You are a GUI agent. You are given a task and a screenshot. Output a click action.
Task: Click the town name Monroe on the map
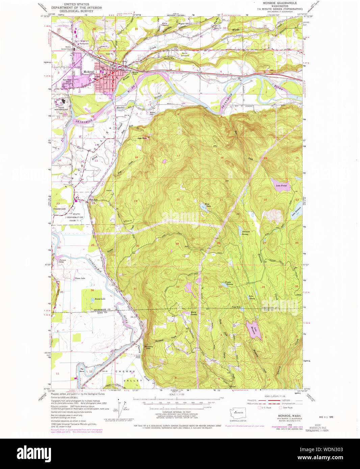(89, 72)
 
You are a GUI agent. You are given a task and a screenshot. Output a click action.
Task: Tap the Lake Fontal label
(281, 186)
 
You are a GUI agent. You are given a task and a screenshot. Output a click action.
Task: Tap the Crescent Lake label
(59, 209)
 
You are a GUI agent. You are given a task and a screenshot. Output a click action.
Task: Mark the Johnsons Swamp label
(246, 232)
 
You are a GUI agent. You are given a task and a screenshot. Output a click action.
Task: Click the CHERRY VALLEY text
(125, 376)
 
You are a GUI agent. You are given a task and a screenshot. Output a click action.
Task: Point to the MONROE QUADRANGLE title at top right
(277, 3)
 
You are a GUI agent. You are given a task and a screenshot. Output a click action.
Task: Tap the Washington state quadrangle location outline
(238, 413)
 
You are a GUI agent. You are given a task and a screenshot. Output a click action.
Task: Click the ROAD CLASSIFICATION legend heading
(274, 396)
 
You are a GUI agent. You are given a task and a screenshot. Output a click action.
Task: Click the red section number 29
(177, 244)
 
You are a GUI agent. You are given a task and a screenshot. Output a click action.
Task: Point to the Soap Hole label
(236, 307)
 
